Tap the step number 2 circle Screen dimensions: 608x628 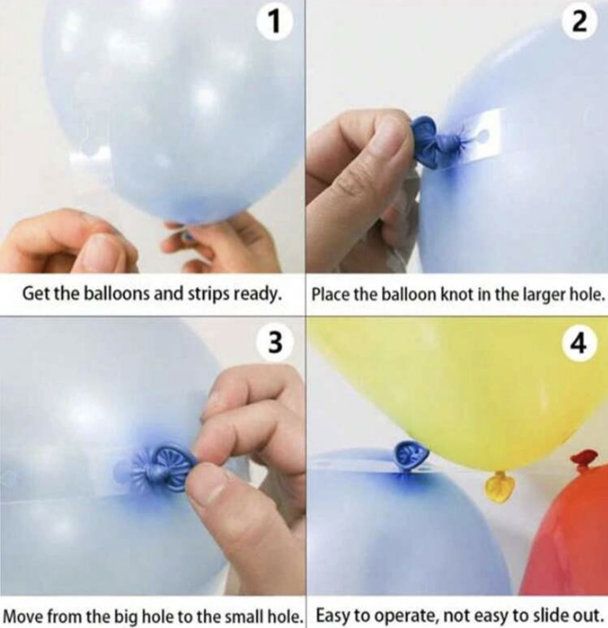(x=579, y=23)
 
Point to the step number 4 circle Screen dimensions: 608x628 (x=579, y=344)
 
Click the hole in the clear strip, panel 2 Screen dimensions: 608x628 (x=482, y=135)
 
